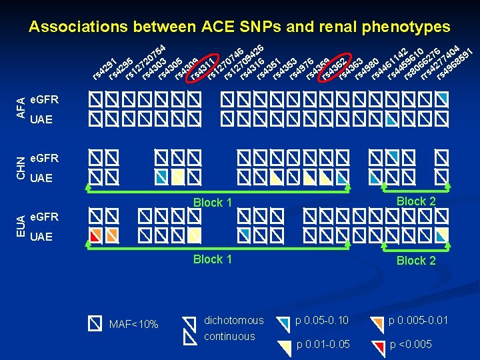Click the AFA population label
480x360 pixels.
pos(21,107)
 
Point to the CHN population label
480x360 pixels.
pos(21,167)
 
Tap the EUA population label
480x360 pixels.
pos(21,226)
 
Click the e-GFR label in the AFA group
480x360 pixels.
pos(45,100)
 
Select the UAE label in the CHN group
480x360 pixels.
pos(41,178)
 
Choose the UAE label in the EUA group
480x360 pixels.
pos(41,237)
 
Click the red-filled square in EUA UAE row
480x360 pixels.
pos(96,235)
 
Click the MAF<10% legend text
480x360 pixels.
pos(133,325)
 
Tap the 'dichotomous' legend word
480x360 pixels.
pos(233,320)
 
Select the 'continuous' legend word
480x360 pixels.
pos(229,336)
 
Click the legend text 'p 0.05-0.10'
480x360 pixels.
pos(323,321)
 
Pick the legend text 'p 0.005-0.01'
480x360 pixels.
pos(418,321)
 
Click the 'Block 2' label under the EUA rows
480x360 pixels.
pos(415,261)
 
